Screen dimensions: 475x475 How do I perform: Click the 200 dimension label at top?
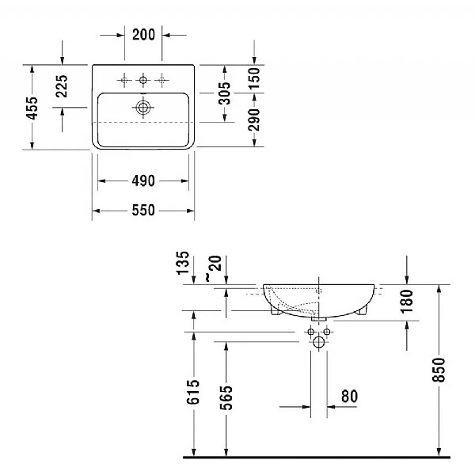pyautogui.click(x=143, y=34)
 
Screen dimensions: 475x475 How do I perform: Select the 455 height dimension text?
pyautogui.click(x=32, y=106)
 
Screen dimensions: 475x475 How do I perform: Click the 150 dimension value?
pyautogui.click(x=254, y=78)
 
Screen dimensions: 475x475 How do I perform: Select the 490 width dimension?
pyautogui.click(x=143, y=182)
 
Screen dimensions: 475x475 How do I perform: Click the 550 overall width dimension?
pyautogui.click(x=143, y=211)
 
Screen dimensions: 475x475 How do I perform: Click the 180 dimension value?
pyautogui.click(x=407, y=301)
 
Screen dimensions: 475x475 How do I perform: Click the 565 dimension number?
pyautogui.click(x=226, y=397)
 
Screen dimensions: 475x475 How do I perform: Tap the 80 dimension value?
pyautogui.click(x=349, y=394)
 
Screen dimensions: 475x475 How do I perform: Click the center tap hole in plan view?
pyautogui.click(x=143, y=79)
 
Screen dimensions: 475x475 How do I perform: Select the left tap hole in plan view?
pyautogui.click(x=124, y=79)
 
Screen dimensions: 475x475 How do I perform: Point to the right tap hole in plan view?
pyautogui.click(x=163, y=79)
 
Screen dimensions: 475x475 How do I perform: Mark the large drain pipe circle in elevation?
pyautogui.click(x=318, y=342)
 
